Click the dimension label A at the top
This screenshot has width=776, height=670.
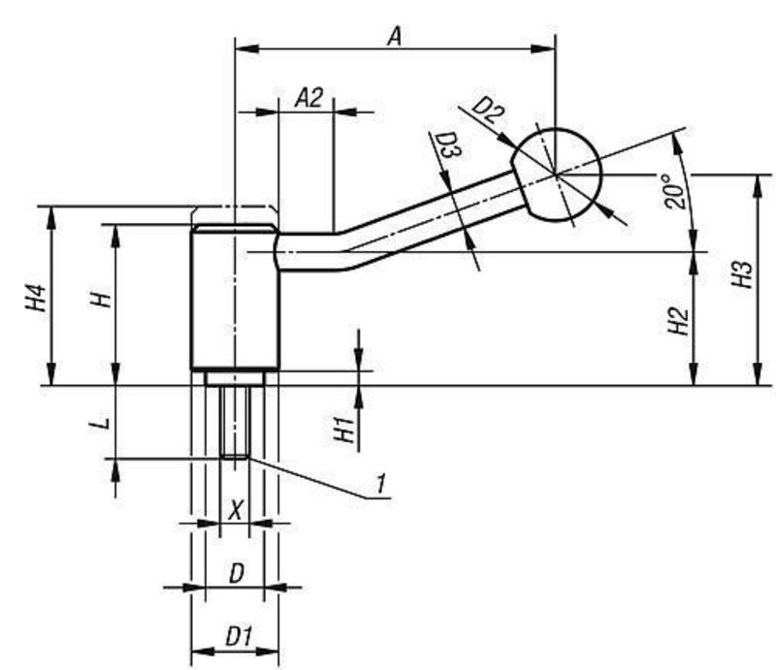tap(394, 36)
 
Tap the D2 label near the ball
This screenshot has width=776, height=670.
tap(490, 110)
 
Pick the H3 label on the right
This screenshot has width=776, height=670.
tap(742, 275)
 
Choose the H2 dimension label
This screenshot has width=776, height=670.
tap(679, 319)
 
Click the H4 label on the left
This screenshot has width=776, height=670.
tap(36, 298)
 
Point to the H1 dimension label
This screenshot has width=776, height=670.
tap(341, 428)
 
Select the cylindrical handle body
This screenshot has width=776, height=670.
tap(235, 301)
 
